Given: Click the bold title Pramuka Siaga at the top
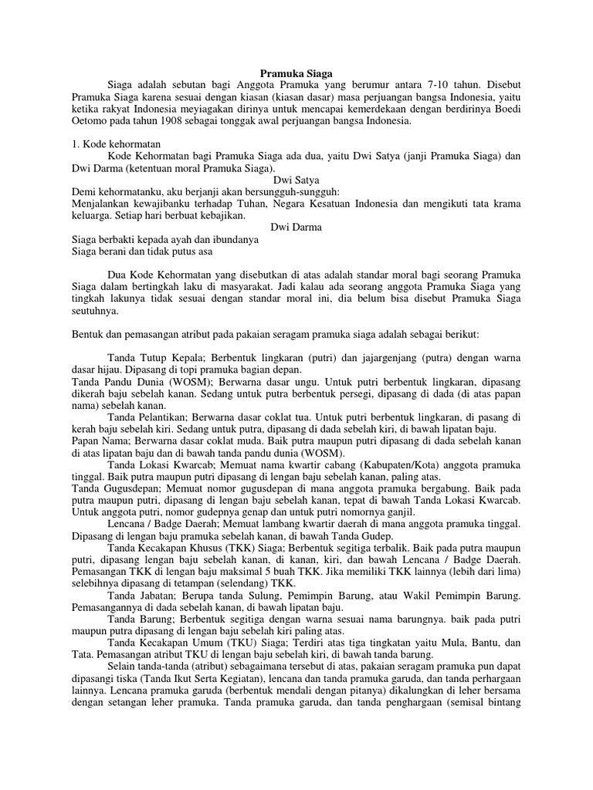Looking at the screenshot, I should pyautogui.click(x=296, y=72).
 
